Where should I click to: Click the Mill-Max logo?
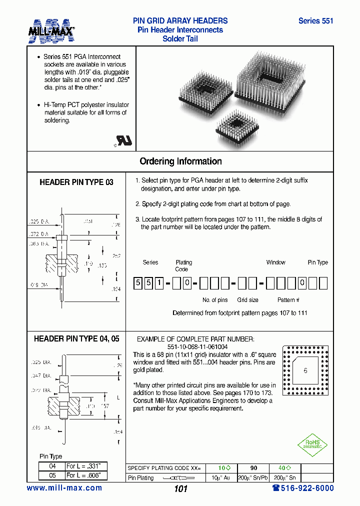[x=51, y=30]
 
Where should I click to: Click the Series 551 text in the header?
[x=315, y=21]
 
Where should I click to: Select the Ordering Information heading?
[x=180, y=161]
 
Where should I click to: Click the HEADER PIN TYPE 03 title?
[x=76, y=182]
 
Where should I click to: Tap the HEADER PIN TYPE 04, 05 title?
[x=76, y=338]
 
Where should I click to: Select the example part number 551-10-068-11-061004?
[x=197, y=346]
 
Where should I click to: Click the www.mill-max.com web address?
[x=64, y=488]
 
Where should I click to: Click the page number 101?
[x=180, y=489]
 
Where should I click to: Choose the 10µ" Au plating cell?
[x=220, y=477]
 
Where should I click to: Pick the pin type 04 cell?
[x=52, y=466]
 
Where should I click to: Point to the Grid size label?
[x=247, y=300]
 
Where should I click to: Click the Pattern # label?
[x=288, y=300]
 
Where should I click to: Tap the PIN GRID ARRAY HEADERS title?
[x=180, y=21]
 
